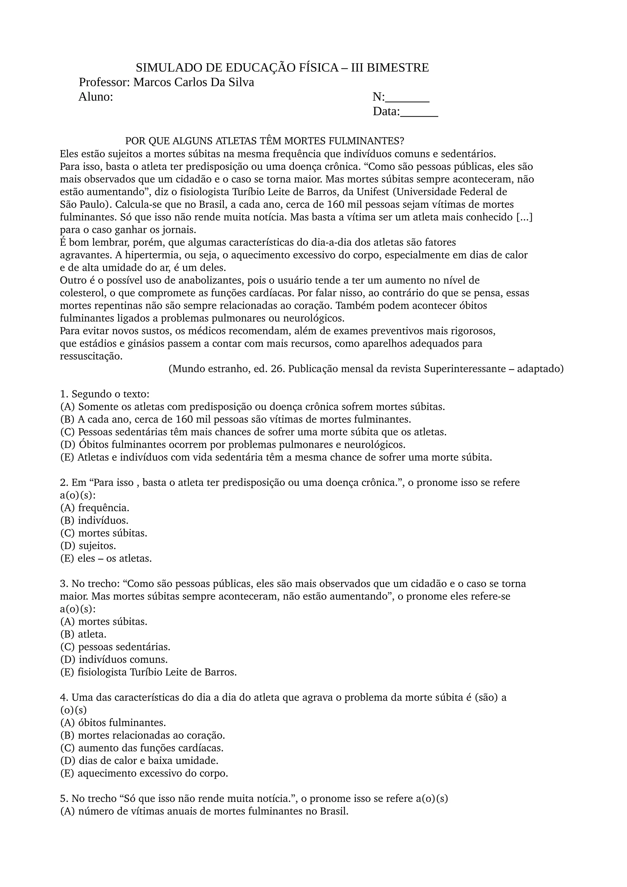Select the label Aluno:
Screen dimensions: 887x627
click(96, 97)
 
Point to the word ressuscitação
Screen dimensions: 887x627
click(91, 356)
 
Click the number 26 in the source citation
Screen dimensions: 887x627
click(277, 369)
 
